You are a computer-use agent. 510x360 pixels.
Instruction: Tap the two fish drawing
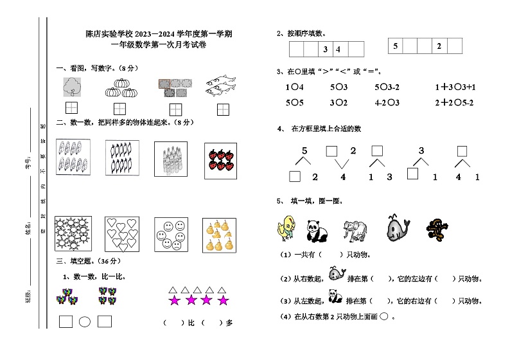point(222,86)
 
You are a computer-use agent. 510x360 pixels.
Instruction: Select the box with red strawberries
point(220,160)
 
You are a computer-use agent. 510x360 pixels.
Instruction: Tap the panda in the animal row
point(316,229)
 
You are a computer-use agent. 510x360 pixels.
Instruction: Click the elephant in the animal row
point(355,229)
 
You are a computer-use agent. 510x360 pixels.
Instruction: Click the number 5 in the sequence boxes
point(396,46)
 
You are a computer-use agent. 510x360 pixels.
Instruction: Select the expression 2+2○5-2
point(454,102)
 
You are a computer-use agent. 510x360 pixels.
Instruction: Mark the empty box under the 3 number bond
point(412,174)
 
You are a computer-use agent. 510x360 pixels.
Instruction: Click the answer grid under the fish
point(224,109)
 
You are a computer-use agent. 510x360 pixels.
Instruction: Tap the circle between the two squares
point(84,322)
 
